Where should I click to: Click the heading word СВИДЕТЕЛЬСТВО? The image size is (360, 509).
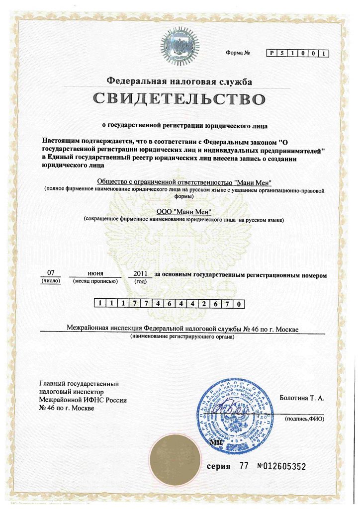179,99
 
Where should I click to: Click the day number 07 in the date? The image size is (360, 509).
50,273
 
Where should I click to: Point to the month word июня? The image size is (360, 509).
95,273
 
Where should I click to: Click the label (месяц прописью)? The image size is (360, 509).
95,281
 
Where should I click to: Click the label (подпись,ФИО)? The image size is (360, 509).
304,419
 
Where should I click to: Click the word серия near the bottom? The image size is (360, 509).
219,466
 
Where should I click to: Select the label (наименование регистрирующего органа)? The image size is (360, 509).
182,337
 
